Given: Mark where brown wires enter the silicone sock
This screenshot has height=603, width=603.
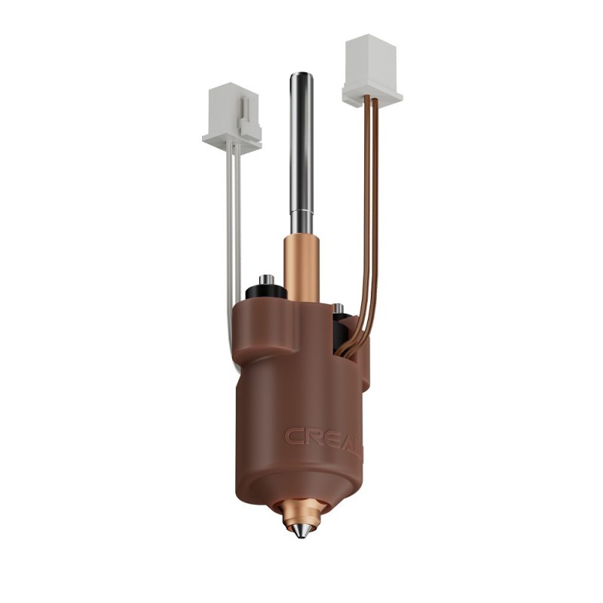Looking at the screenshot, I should click(348, 348).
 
